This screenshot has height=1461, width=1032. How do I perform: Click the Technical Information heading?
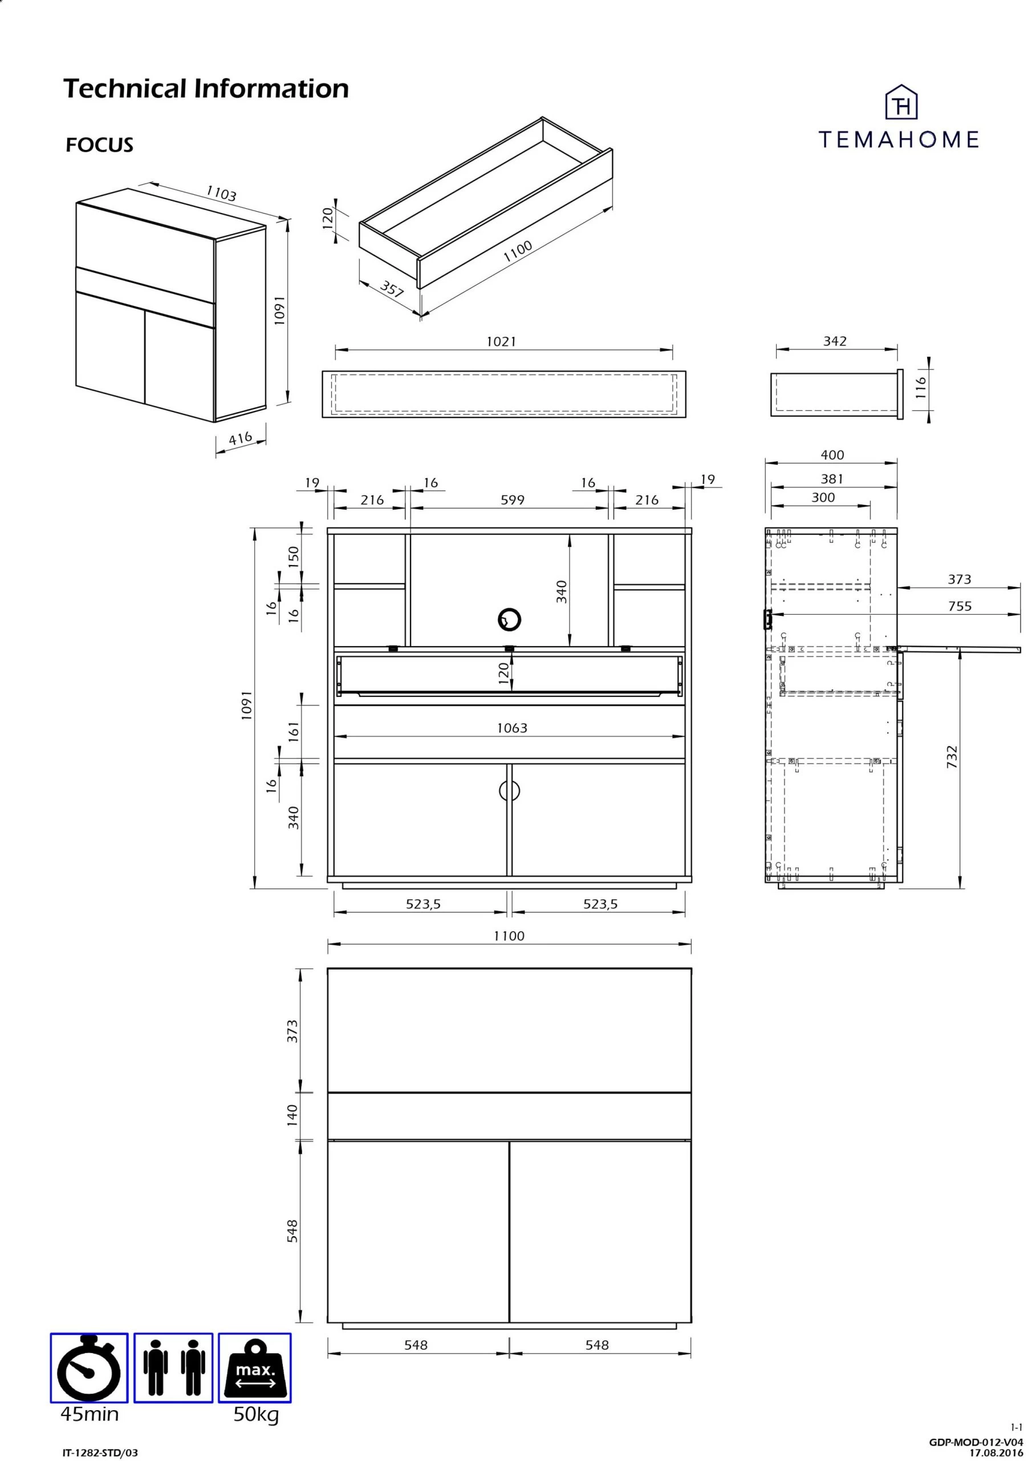pos(206,88)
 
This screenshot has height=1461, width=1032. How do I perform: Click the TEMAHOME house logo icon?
pos(901,103)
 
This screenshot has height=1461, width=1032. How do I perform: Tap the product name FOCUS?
pos(100,145)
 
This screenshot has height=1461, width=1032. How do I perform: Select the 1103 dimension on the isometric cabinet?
pos(221,193)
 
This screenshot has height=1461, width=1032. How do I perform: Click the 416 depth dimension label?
pos(241,439)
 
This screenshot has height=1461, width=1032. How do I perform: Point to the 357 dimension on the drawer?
pos(392,289)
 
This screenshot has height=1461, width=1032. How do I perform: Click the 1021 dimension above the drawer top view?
pos(501,342)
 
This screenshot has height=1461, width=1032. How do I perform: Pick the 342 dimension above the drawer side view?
pos(834,341)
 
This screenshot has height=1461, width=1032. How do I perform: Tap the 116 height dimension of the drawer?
pos(921,388)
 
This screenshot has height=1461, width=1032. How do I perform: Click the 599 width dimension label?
pos(513,500)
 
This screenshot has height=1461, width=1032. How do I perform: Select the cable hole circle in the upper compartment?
pos(509,619)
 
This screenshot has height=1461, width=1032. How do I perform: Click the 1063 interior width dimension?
pos(512,728)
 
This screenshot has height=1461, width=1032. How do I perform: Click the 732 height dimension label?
pos(952,757)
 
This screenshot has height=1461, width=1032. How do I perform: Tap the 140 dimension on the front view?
pos(292,1115)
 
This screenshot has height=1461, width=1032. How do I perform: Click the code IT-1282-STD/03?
pos(100,1453)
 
